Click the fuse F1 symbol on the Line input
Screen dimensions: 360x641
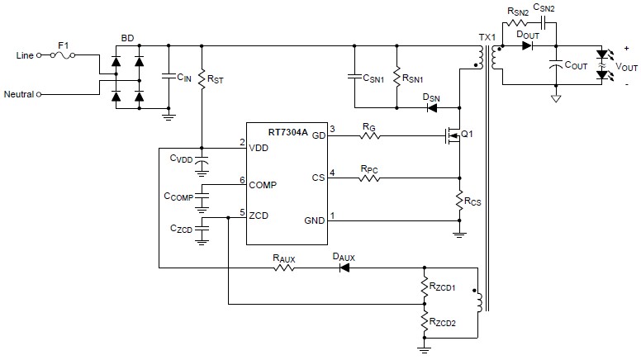click(64, 55)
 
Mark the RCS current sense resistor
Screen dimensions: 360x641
click(460, 199)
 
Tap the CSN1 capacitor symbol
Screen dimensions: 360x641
click(354, 76)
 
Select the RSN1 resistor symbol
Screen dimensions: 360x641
click(396, 76)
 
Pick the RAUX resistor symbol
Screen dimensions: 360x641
click(284, 268)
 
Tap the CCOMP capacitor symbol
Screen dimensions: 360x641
click(203, 197)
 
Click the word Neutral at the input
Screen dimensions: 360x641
click(18, 94)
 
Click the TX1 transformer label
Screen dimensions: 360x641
click(486, 38)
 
